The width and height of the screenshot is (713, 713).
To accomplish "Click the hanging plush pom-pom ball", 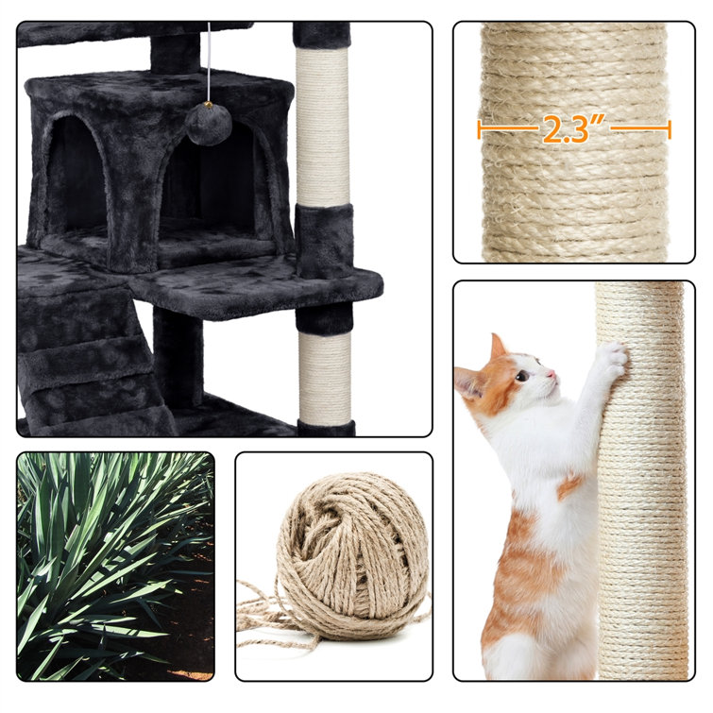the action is pyautogui.click(x=202, y=125).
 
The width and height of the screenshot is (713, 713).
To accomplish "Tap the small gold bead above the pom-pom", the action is pyautogui.click(x=210, y=105).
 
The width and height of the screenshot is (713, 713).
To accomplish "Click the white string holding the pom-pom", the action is pyautogui.click(x=209, y=62).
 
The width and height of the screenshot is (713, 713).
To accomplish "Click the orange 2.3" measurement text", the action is pyautogui.click(x=573, y=130).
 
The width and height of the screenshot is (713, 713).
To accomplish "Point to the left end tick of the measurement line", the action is pyautogui.click(x=480, y=129).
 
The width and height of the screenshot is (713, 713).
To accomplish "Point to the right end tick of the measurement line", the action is pyautogui.click(x=669, y=129).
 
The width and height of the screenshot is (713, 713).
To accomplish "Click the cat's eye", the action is pyautogui.click(x=522, y=376).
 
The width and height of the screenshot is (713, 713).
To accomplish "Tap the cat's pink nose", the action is pyautogui.click(x=552, y=374).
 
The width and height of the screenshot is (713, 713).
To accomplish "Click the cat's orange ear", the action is pyautogui.click(x=497, y=348).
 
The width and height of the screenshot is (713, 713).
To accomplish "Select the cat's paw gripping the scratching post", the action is pyautogui.click(x=613, y=359).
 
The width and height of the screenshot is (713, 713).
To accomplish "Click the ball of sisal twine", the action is pyautogui.click(x=353, y=546).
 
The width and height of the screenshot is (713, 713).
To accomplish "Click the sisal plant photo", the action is pyautogui.click(x=115, y=566).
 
